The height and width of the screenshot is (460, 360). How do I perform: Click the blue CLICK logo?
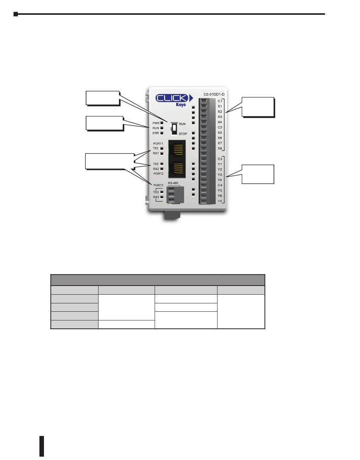(x=174, y=98)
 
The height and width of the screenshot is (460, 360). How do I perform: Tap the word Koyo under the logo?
(x=181, y=105)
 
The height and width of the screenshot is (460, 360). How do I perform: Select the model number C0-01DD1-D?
(x=214, y=94)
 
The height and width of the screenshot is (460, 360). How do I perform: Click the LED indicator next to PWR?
(x=162, y=123)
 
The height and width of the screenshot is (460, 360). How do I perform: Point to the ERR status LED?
(x=162, y=133)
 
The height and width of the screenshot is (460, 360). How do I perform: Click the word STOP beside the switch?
(x=183, y=134)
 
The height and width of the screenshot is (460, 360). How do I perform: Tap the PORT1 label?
(x=158, y=143)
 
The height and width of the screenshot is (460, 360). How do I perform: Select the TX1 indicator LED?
(x=162, y=148)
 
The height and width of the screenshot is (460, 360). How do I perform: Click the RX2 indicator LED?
(x=162, y=169)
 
